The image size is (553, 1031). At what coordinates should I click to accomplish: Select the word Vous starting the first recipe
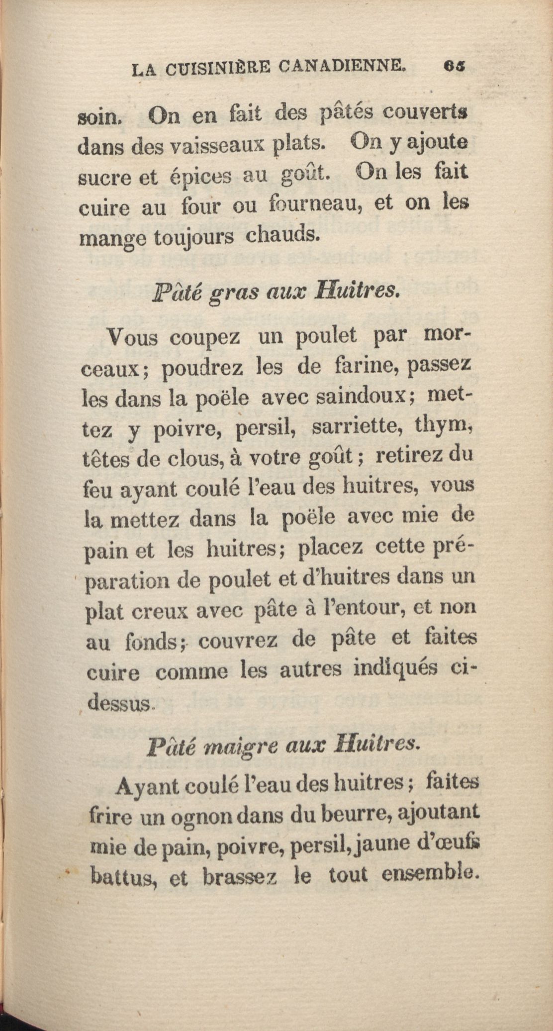click(133, 340)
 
